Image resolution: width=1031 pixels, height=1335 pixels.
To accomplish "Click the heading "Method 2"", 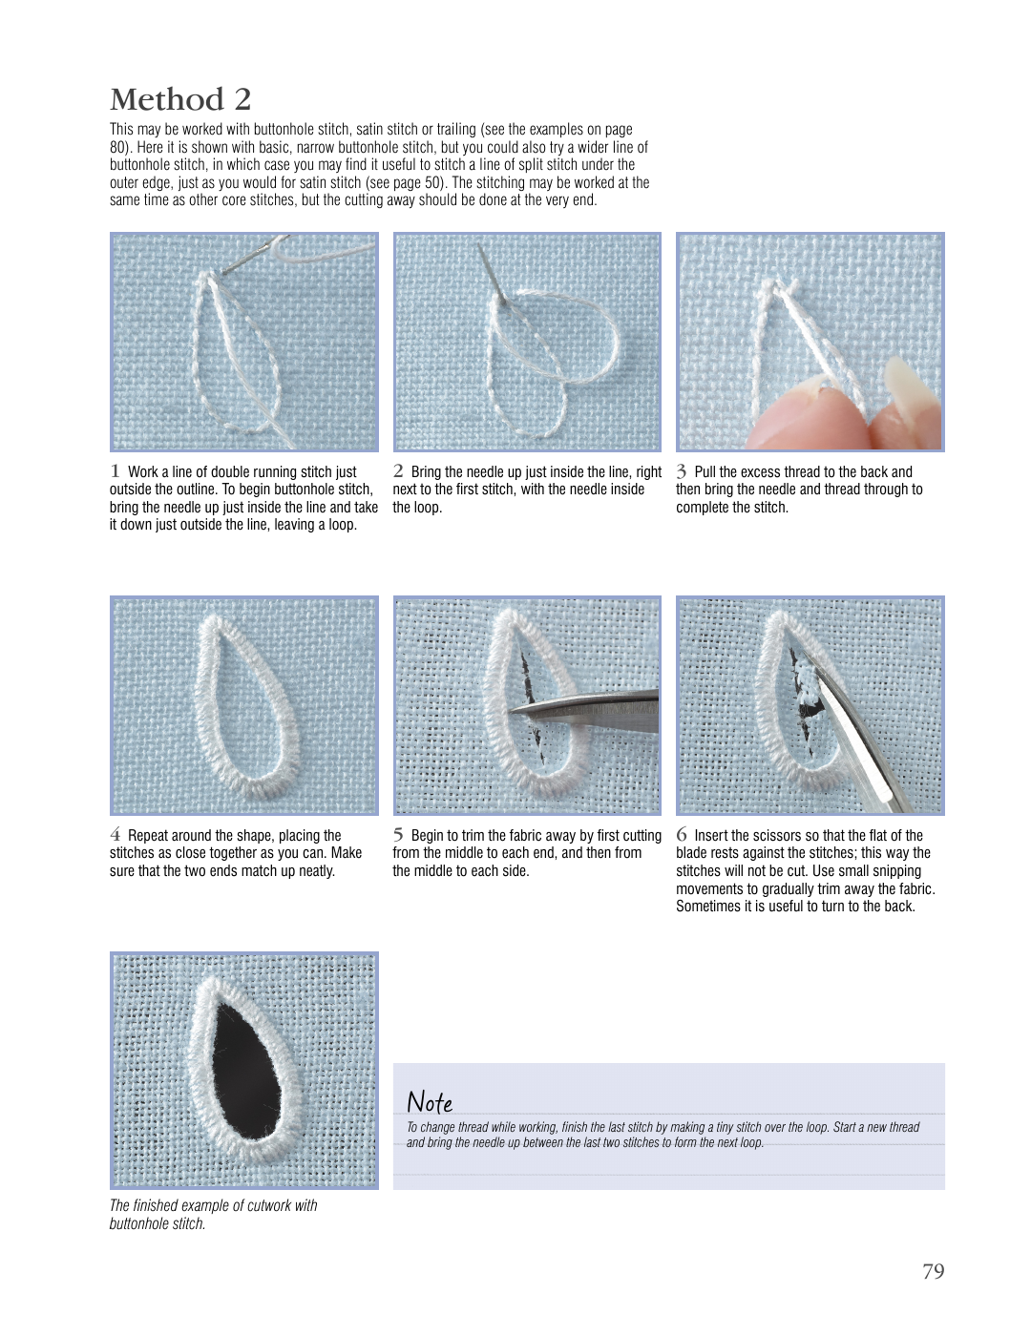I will (x=180, y=99).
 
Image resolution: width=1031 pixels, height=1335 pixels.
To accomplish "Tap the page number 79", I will (x=933, y=1271).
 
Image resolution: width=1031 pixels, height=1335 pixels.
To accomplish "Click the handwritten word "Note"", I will (x=430, y=1102).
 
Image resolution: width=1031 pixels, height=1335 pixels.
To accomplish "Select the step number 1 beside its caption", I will (x=115, y=470).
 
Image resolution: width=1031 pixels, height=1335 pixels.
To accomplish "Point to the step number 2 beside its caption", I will (x=398, y=470).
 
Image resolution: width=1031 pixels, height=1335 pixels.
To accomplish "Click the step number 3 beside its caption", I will (x=682, y=471).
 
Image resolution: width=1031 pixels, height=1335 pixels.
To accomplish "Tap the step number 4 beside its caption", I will (x=115, y=834).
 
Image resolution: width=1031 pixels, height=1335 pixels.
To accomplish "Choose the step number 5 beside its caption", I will (x=398, y=834).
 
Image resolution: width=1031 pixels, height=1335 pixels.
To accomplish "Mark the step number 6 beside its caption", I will (x=682, y=834).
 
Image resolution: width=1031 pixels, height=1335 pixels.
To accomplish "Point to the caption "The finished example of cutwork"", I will (x=213, y=1205).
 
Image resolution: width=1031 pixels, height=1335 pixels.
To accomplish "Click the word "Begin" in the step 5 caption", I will (x=429, y=836).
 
